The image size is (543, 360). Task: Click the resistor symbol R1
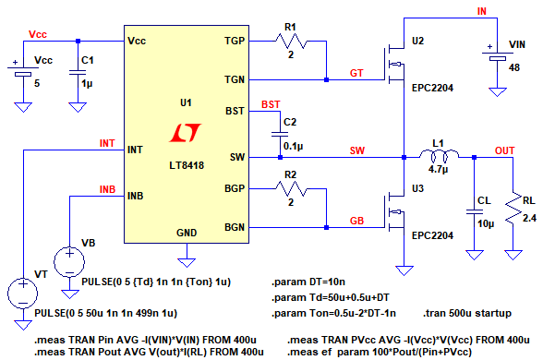[x=291, y=42]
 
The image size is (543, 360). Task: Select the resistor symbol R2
[x=291, y=189]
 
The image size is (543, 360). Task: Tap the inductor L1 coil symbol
[x=440, y=155]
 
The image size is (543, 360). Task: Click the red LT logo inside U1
[x=186, y=133]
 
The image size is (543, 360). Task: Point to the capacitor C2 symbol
[x=280, y=134]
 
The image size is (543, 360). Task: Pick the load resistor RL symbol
[x=513, y=208]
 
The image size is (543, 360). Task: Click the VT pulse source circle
[x=23, y=294]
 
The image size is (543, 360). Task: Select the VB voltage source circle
[x=69, y=262]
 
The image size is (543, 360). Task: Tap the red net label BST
[x=271, y=104]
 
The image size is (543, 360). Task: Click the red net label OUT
[x=504, y=151]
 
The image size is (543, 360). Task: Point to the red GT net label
[x=356, y=74]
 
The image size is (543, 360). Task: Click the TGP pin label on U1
[x=235, y=41]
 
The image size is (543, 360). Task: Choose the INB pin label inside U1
[x=136, y=196]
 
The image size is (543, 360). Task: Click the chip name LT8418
[x=187, y=165]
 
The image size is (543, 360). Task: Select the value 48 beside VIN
[x=513, y=67]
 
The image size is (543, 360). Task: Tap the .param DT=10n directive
[x=308, y=282]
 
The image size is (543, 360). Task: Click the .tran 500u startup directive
[x=467, y=313]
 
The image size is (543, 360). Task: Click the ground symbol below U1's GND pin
[x=187, y=263]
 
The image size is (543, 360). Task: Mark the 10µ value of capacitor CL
[x=486, y=224]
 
